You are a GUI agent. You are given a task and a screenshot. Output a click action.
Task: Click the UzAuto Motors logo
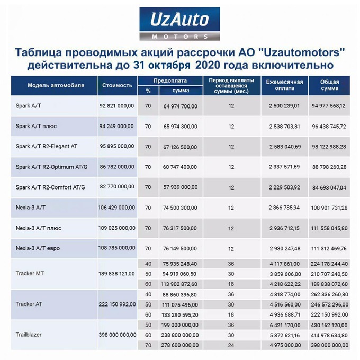180,23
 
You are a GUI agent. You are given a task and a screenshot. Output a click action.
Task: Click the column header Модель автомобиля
48,85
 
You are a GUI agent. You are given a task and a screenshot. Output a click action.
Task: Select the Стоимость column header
116,85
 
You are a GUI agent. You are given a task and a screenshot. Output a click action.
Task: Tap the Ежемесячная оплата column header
284,85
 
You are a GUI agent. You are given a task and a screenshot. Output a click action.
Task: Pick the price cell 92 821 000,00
116,106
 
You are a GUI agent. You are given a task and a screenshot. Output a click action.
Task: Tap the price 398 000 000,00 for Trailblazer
117,335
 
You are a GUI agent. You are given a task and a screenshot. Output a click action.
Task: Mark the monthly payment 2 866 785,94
284,207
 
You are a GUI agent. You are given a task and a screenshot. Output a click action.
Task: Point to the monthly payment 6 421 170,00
284,325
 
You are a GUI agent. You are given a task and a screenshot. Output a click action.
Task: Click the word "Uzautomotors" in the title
300,53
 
